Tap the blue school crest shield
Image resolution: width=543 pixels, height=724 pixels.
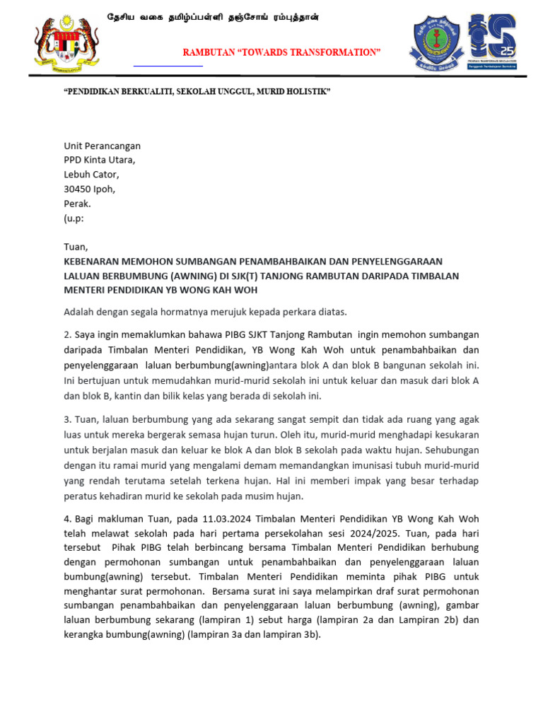[x=439, y=42]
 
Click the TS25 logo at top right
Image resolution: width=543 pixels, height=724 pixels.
[x=493, y=42]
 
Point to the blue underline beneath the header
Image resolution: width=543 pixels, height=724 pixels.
[x=168, y=66]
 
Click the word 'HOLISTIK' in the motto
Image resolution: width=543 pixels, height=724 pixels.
[x=308, y=93]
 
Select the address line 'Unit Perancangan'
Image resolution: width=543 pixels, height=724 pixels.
[x=103, y=146]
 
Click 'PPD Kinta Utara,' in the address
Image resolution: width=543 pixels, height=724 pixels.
[x=100, y=160]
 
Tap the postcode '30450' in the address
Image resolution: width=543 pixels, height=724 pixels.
[x=78, y=189]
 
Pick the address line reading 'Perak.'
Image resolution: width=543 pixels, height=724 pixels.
[x=78, y=204]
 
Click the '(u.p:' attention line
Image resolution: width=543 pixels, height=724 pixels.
[x=74, y=218]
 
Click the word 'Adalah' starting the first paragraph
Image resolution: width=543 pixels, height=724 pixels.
[x=79, y=311]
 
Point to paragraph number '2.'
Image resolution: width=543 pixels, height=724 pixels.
[x=68, y=334]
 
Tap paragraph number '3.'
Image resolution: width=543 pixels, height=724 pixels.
[x=68, y=420]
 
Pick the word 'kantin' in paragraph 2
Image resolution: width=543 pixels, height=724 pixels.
[x=130, y=396]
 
